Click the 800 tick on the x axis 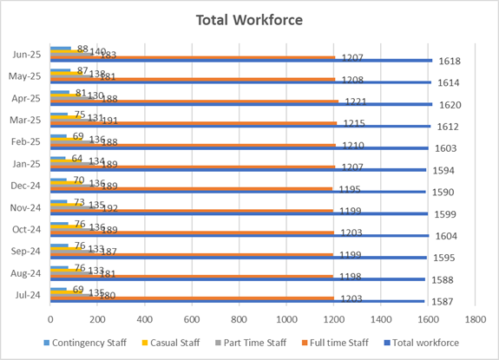pyautogui.click(x=239, y=319)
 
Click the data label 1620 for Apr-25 pyautogui.click(x=450, y=105)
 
